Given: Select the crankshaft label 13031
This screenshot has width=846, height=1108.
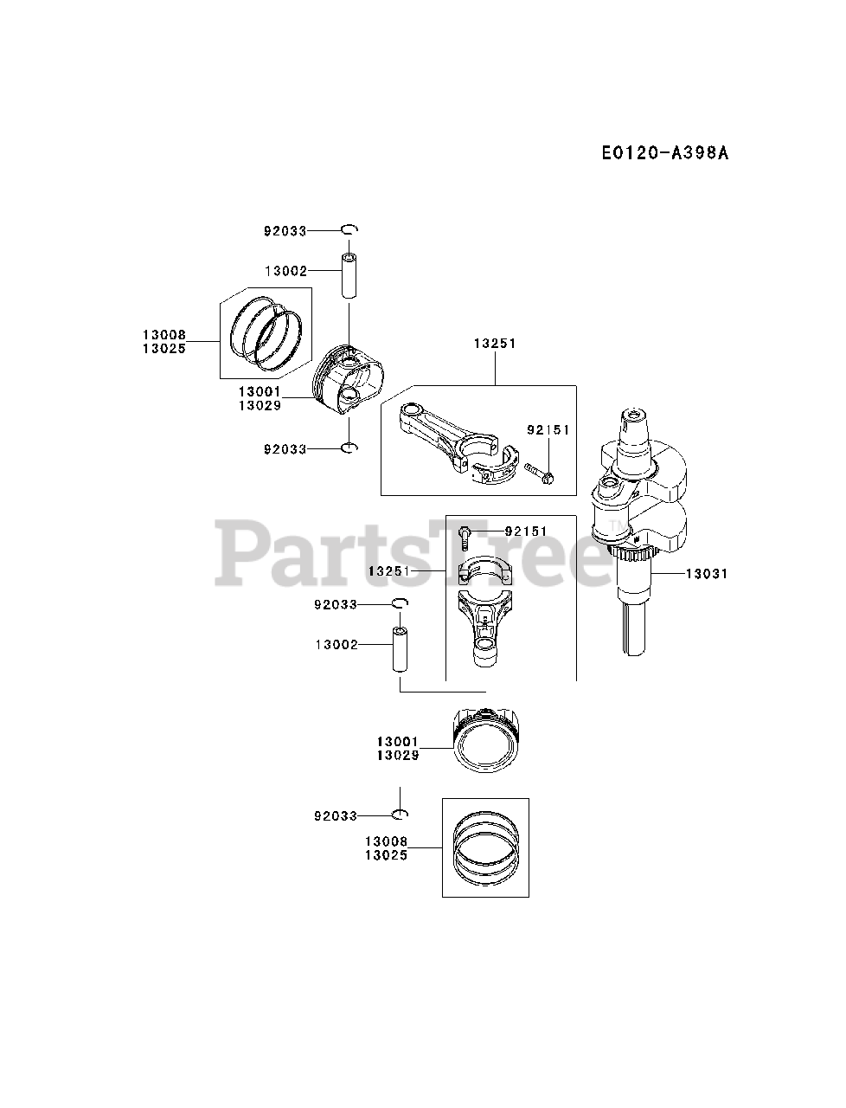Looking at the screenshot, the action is (706, 573).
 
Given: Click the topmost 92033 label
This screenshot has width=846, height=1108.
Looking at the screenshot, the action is (285, 231).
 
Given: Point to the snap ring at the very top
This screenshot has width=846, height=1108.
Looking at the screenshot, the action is (349, 229).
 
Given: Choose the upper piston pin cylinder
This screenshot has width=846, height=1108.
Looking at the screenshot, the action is (349, 276).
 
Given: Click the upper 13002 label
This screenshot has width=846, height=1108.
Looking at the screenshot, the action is (285, 271).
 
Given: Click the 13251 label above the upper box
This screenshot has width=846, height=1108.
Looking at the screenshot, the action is (494, 344).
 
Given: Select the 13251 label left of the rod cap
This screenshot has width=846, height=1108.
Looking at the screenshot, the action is (388, 572).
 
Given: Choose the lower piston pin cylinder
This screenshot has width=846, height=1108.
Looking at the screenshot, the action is (401, 649).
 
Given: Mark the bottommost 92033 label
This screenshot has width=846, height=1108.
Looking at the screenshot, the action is (335, 815).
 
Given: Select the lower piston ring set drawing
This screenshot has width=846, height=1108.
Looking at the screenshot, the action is (485, 847).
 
